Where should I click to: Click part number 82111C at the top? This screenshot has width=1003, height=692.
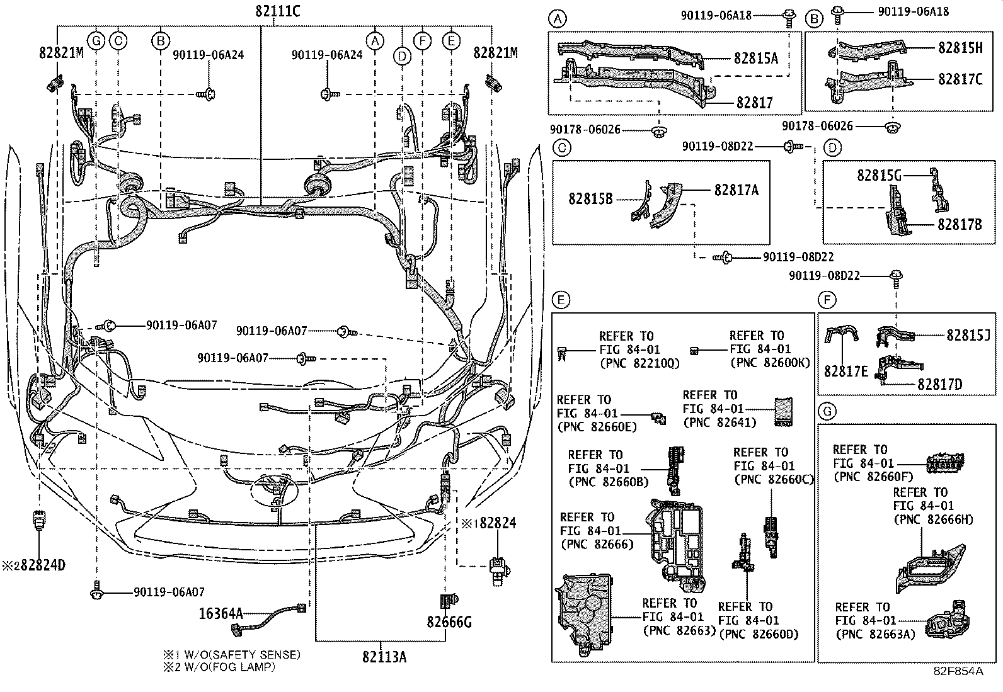(x=277, y=11)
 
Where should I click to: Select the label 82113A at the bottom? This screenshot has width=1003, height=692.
(x=384, y=657)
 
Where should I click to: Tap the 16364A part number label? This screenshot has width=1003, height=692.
(x=221, y=613)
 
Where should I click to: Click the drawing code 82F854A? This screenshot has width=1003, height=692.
(x=958, y=671)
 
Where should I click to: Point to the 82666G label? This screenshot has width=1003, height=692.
(x=449, y=622)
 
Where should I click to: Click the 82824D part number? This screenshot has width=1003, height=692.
(x=39, y=565)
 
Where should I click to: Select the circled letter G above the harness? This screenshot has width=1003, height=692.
(x=96, y=42)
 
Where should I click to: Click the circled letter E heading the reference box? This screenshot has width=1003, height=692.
(x=561, y=300)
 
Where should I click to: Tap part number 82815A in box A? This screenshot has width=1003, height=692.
(x=755, y=59)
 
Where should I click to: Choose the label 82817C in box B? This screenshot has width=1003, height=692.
(x=960, y=79)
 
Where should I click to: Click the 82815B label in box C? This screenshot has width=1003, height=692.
(x=590, y=198)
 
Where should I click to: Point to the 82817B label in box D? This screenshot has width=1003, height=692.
(x=959, y=223)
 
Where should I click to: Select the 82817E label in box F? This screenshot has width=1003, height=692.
(x=845, y=371)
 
